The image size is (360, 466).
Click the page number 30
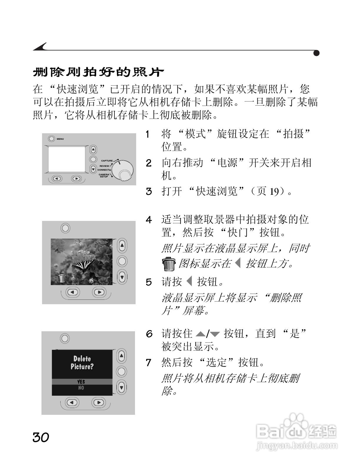coord(41,437)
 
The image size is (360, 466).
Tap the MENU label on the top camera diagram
coord(60,139)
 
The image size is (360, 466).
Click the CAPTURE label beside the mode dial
coord(107,161)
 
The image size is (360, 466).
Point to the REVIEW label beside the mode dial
coord(104,166)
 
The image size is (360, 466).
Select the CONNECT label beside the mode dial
coord(103,170)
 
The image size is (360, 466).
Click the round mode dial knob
coord(124,171)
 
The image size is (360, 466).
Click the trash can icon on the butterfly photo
coord(62,278)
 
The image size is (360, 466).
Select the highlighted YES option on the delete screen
coord(81,382)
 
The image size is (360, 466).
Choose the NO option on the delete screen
coord(81,388)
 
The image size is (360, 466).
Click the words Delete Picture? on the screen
coord(82,363)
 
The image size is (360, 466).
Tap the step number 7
coord(149,362)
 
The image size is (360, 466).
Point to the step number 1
coord(148,134)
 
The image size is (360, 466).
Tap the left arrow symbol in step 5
coord(189,282)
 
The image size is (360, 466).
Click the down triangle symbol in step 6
coord(215,334)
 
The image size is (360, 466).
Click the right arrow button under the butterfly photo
coord(99,292)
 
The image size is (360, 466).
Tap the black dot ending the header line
coord(316,53)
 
